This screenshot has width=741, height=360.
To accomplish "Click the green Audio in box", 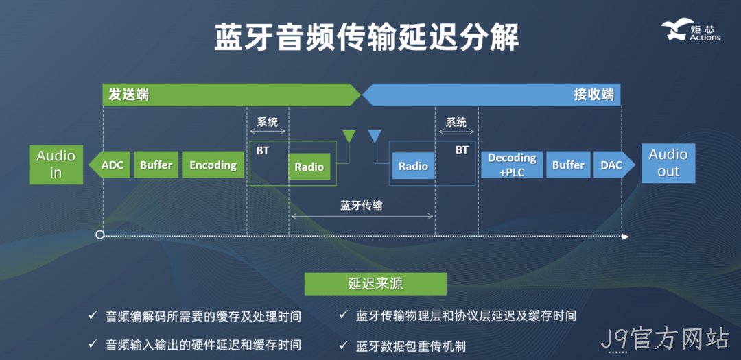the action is [x=56, y=165].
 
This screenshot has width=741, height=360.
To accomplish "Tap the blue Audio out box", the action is [x=668, y=163].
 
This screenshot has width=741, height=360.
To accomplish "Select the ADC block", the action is [x=110, y=165].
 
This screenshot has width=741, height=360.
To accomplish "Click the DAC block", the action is [x=614, y=165].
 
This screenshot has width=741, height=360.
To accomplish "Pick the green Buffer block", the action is [x=156, y=165].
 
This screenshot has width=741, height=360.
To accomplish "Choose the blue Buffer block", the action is [x=568, y=165].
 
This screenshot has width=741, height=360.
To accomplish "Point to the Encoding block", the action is [x=213, y=165].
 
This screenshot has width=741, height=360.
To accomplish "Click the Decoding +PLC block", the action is [x=512, y=165].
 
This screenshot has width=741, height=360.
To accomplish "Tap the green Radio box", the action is [x=309, y=167].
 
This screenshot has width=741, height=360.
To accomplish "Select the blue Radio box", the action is [x=413, y=167].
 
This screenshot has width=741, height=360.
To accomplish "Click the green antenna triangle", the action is [x=349, y=136].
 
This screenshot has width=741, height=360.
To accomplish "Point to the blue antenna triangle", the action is [x=375, y=136].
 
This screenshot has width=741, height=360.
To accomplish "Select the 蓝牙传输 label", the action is [x=362, y=206].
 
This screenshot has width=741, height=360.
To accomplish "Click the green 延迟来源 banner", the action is [x=375, y=284].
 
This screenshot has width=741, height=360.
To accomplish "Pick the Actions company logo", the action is [x=690, y=31].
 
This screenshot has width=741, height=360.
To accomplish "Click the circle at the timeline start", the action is [x=99, y=235].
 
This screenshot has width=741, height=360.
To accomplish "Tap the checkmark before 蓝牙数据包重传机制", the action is [x=343, y=345].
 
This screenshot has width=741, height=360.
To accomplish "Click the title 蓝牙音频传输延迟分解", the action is [x=366, y=37].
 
